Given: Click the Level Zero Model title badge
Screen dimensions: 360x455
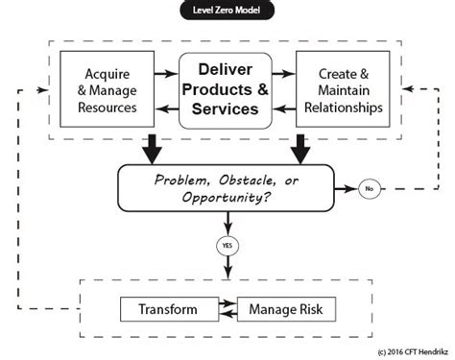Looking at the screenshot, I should [x=227, y=12].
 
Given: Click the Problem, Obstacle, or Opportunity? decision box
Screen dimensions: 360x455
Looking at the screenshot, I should [x=227, y=187].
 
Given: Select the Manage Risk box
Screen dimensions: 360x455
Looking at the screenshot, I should [x=285, y=310].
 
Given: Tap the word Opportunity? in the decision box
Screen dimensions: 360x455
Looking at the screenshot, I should [x=228, y=198].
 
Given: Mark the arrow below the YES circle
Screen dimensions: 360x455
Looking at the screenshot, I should [x=228, y=268].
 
